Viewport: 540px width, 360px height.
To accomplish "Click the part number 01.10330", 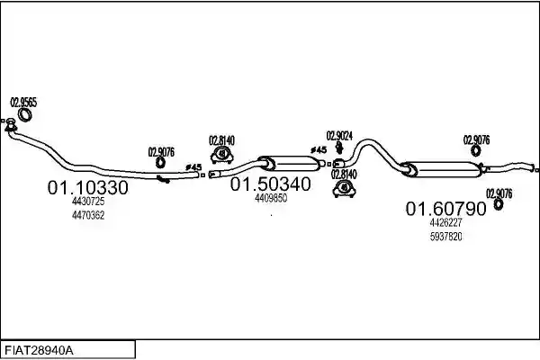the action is pos(88,188).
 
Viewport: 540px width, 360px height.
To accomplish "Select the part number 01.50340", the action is pos(270,184).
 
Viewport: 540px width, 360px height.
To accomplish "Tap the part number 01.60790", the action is pos(446,209).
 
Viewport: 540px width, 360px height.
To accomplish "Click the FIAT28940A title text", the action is pos(39,351).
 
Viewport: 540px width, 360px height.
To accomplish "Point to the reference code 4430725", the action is pos(88,202).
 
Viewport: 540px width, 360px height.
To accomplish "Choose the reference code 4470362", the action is pos(88,215).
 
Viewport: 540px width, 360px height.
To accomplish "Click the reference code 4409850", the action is pos(271,198).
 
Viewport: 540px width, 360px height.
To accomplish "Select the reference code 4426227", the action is pos(445,222).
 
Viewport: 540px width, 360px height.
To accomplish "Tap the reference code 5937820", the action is pos(446,237).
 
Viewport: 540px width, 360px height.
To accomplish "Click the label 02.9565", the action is pos(23,103).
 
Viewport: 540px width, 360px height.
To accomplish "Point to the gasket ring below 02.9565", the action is pos(24,114).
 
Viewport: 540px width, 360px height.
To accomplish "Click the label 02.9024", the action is pos(339,136).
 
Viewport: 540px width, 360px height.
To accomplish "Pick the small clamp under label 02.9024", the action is pos(339,148).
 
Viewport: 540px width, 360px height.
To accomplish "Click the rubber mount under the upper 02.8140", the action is pos(222,155).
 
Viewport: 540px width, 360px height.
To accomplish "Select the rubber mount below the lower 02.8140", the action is pos(344,189).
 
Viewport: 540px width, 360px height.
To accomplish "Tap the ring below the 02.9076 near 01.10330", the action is pos(160,163).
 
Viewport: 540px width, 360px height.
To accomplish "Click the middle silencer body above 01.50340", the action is pos(289,163).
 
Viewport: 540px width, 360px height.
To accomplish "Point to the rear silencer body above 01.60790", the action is pos(442,169).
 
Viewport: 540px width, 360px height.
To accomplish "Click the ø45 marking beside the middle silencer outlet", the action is pos(319,150).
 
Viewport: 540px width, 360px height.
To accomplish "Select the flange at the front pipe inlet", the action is pos(11,125).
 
